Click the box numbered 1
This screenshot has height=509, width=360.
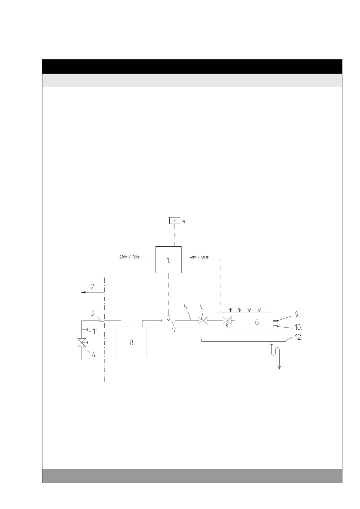168,260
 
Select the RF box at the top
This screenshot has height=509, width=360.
175,221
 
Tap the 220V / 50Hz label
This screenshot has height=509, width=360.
129,257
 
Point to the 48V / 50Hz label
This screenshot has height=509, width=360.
199,257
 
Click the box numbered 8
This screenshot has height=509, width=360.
131,342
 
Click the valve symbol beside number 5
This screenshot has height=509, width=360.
203,321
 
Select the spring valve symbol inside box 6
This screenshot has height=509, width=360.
227,321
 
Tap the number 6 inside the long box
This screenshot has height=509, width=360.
257,323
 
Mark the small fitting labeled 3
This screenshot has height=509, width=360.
102,320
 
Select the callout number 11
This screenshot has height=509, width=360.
95,331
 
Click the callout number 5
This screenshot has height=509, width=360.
186,307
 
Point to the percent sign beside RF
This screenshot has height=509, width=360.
183,221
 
